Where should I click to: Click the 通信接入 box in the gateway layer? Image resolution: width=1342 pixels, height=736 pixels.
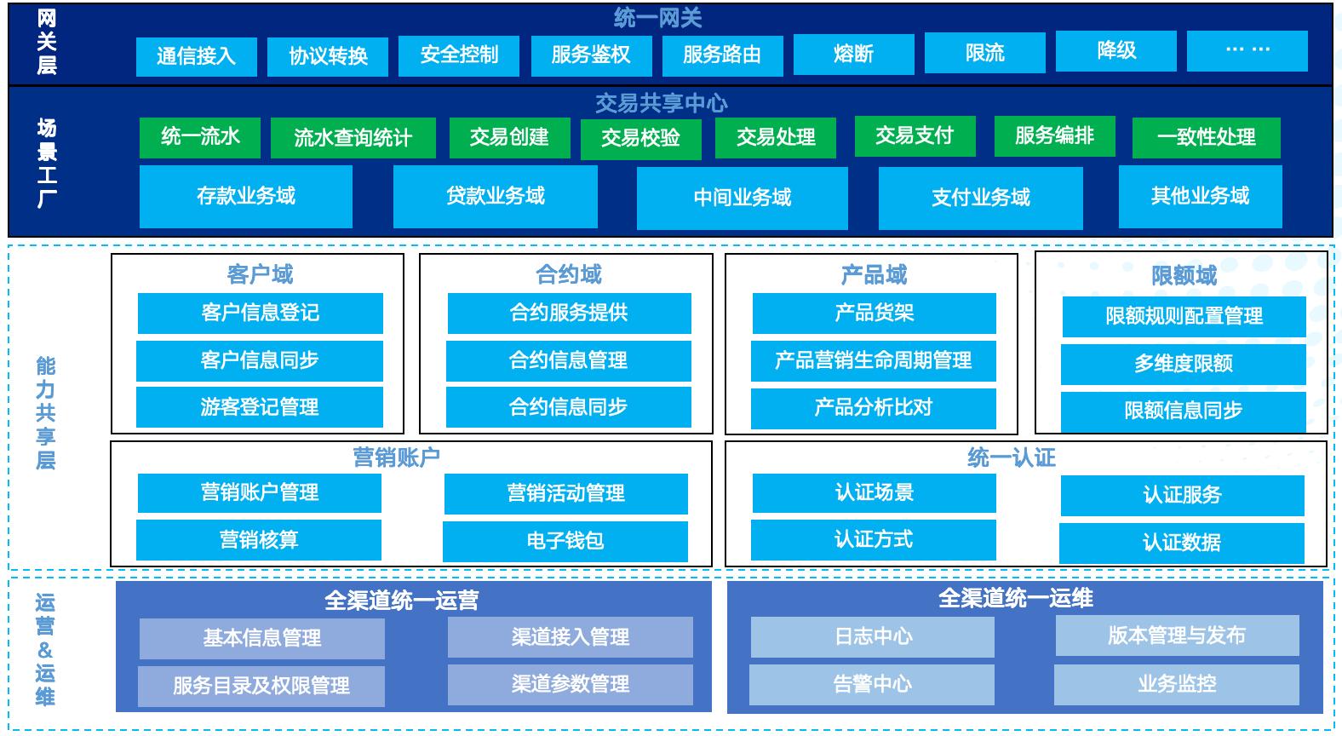(197, 56)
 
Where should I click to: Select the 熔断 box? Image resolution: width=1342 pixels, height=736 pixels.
(853, 55)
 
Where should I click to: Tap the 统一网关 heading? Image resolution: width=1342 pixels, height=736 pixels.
(657, 17)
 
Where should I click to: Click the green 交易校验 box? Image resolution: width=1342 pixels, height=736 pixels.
(640, 139)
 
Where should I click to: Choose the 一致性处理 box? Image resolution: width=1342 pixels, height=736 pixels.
(1206, 138)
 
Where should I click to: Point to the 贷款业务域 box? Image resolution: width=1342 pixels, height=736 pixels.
(495, 197)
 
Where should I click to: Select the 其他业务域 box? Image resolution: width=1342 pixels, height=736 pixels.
(1200, 197)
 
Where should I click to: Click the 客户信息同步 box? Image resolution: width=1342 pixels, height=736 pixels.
(260, 361)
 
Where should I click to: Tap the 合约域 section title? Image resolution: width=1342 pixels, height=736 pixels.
(568, 274)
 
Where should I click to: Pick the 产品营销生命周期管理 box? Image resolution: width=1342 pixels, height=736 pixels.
(873, 361)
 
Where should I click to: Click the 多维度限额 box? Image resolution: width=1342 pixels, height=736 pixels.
(1183, 365)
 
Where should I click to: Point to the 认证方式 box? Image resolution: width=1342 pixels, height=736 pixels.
(873, 540)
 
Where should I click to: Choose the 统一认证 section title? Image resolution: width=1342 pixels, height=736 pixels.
(1012, 457)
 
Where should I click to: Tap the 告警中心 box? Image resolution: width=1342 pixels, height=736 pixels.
(872, 685)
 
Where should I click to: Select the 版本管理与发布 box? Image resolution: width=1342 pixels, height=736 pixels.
(1177, 636)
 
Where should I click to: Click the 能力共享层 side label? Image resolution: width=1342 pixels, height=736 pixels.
(46, 413)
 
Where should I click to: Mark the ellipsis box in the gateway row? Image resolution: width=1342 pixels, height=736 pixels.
(1247, 51)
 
